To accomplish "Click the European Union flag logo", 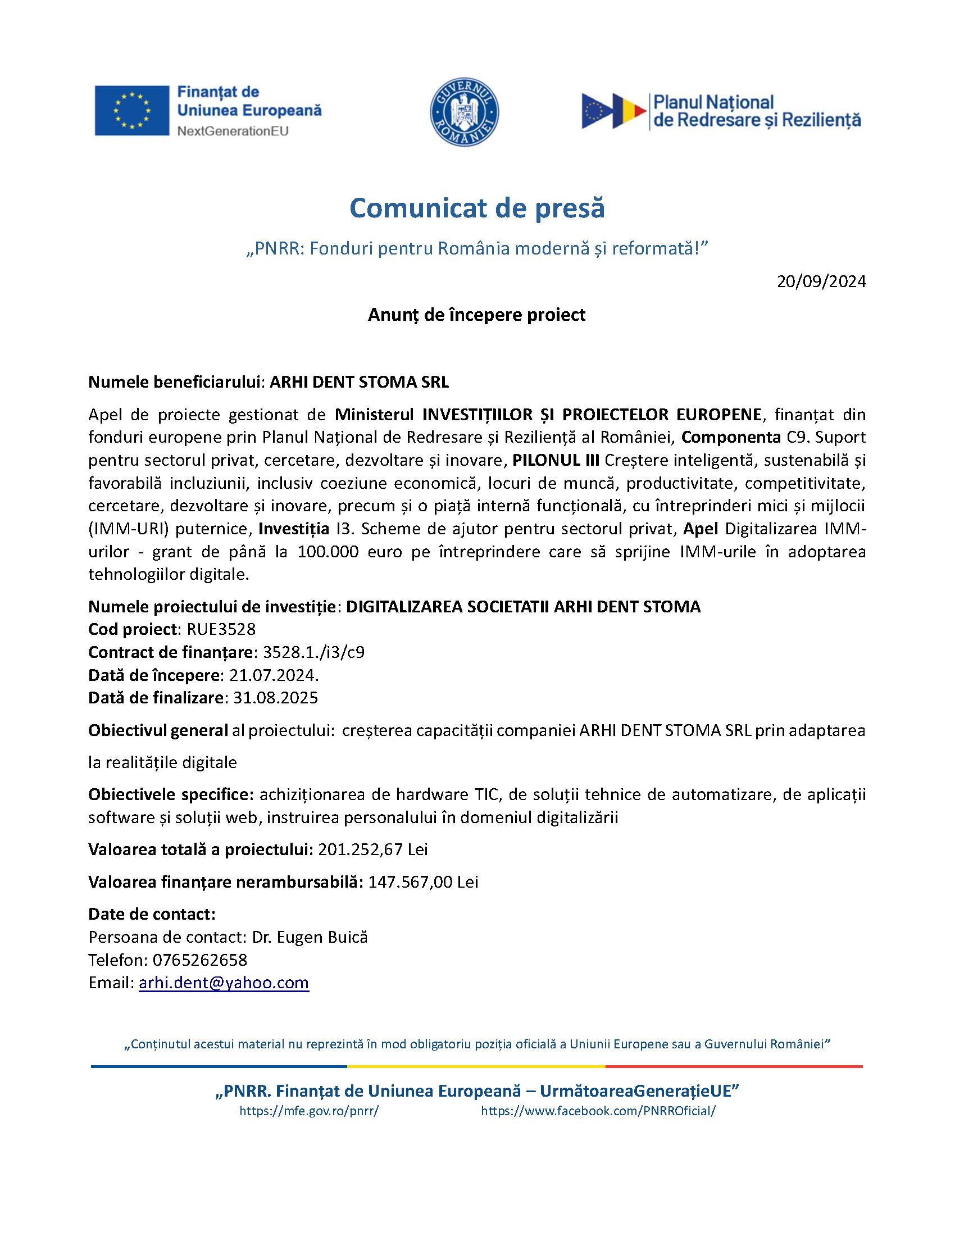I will click(x=131, y=110).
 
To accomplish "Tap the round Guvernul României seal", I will click(x=465, y=111).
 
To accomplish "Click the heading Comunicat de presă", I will click(x=477, y=208).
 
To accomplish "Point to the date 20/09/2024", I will click(x=821, y=282).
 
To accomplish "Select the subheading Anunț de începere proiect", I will click(x=476, y=315).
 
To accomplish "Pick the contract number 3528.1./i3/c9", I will click(x=314, y=652).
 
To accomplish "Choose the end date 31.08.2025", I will click(x=275, y=698).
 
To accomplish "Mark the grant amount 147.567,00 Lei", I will click(x=423, y=882).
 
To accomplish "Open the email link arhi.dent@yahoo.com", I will click(x=224, y=983).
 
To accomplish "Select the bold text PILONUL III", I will click(x=556, y=460).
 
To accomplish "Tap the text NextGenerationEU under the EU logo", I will click(x=233, y=131).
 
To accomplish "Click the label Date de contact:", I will click(x=152, y=915).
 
